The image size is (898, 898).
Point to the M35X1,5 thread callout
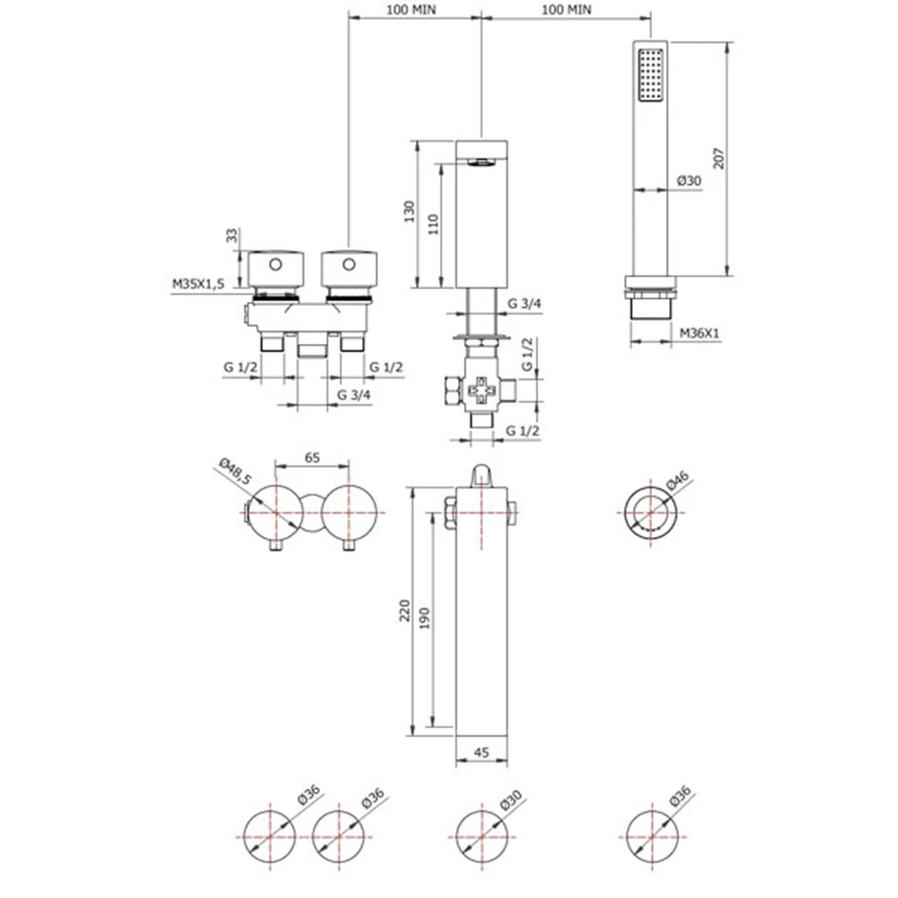tap(198, 284)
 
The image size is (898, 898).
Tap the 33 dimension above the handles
tap(232, 236)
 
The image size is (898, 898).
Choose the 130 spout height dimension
tap(409, 213)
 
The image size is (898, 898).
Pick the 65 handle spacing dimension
tap(312, 456)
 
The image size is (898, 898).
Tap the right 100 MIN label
tap(568, 8)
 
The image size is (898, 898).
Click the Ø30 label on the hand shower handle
tap(688, 180)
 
